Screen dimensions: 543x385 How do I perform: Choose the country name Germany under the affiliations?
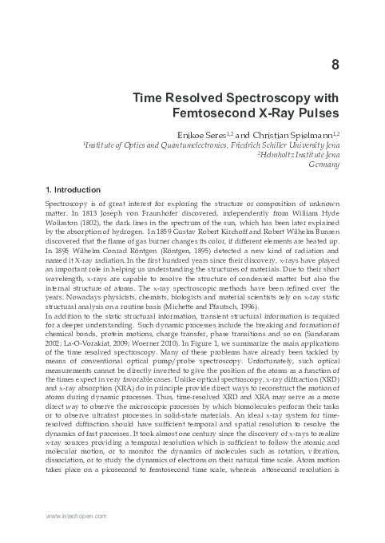[323, 164]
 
